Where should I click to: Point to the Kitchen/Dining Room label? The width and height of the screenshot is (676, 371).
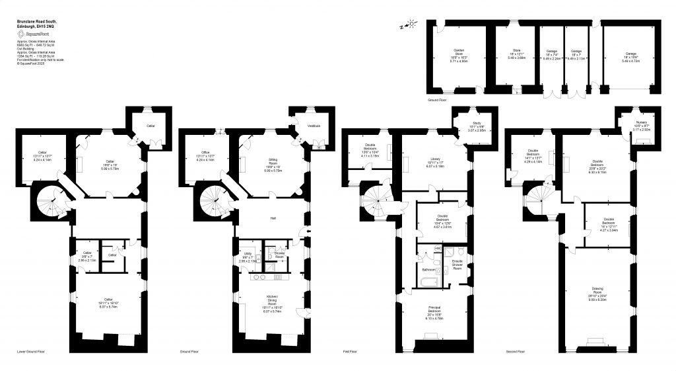(x=272, y=298)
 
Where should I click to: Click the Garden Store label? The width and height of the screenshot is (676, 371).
(x=459, y=53)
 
